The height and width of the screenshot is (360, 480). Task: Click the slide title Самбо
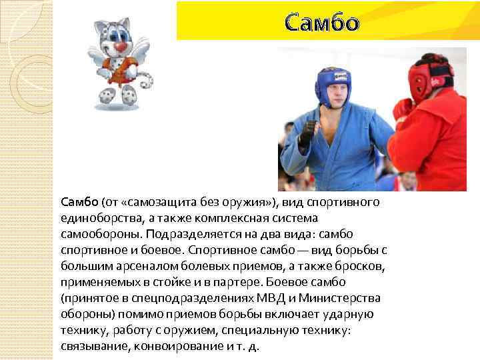point(322,23)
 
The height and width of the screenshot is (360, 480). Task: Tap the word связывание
point(93,346)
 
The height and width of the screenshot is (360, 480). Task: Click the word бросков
point(356,266)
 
